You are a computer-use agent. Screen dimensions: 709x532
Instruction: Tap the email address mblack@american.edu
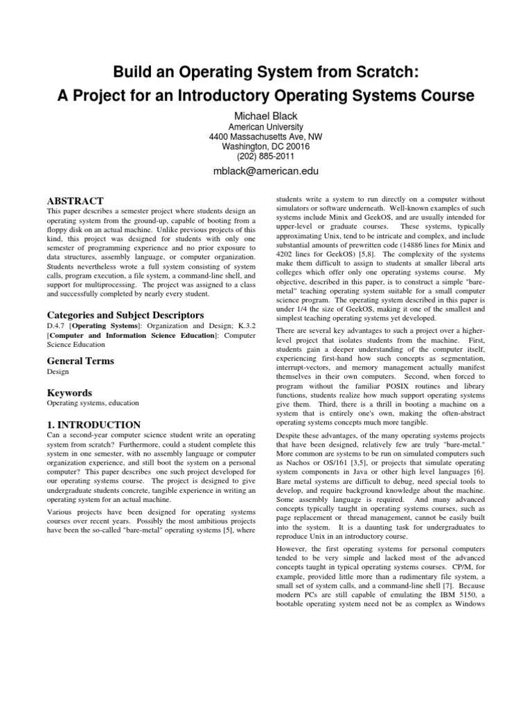[265, 170]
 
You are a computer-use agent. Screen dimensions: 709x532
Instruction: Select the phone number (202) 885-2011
[265, 156]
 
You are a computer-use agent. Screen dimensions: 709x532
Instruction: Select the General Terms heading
[80, 361]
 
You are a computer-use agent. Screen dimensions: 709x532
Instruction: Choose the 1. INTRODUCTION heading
[94, 424]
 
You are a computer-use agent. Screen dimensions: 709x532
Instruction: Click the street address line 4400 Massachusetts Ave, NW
[265, 137]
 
